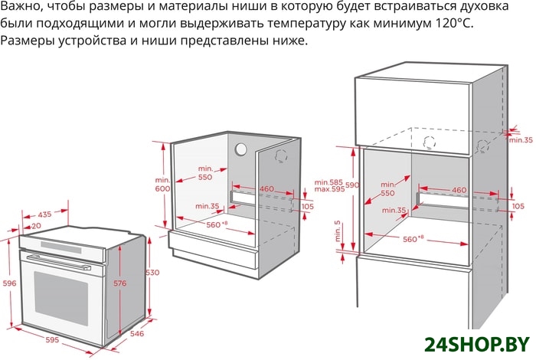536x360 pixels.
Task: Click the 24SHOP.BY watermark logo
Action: pyautogui.click(x=477, y=345)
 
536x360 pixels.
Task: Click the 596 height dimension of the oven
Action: pyautogui.click(x=9, y=283)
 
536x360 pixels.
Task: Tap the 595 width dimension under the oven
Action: pyautogui.click(x=52, y=340)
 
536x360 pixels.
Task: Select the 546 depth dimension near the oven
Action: pyautogui.click(x=137, y=333)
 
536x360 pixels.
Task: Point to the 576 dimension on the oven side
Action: pyautogui.click(x=120, y=283)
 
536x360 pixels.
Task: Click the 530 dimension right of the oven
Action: pyautogui.click(x=152, y=273)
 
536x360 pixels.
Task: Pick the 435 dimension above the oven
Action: pyautogui.click(x=44, y=214)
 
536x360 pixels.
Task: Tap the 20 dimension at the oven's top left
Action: pyautogui.click(x=36, y=226)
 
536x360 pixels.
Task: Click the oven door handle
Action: pyautogui.click(x=58, y=261)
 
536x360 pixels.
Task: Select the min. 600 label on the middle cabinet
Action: pyautogui.click(x=162, y=185)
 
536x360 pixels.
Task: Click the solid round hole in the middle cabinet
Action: pyautogui.click(x=240, y=149)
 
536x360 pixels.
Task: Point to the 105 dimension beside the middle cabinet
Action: pyautogui.click(x=307, y=207)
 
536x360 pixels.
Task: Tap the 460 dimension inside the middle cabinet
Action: pyautogui.click(x=266, y=188)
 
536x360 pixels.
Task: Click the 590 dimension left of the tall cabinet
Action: pyautogui.click(x=352, y=185)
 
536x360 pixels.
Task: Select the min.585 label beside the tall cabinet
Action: pyautogui.click(x=328, y=182)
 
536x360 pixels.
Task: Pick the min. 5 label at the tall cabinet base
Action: pyautogui.click(x=338, y=231)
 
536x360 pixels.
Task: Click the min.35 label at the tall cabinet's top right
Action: pyautogui.click(x=521, y=140)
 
